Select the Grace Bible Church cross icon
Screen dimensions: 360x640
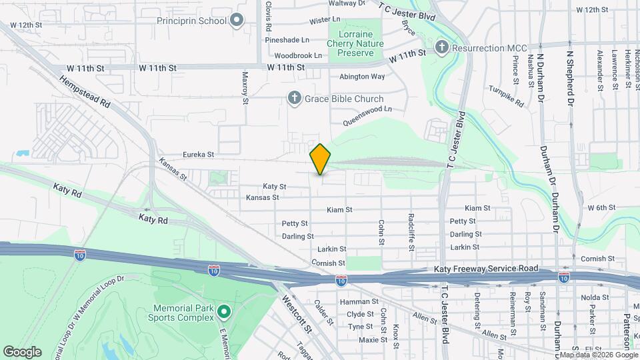pyautogui.click(x=294, y=99)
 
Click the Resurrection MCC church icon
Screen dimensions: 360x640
pyautogui.click(x=441, y=47)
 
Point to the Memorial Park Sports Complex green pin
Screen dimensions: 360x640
pyautogui.click(x=225, y=311)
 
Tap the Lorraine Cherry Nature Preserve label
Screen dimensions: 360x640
pyautogui.click(x=360, y=43)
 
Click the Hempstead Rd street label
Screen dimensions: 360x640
pyautogui.click(x=84, y=92)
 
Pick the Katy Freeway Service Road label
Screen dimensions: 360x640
pyautogui.click(x=485, y=268)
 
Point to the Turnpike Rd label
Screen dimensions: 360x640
pyautogui.click(x=506, y=96)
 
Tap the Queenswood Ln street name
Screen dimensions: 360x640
pyautogui.click(x=367, y=115)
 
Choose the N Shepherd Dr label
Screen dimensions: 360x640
pyautogui.click(x=570, y=73)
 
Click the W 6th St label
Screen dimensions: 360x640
pyautogui.click(x=601, y=208)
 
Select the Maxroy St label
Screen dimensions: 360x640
pyautogui.click(x=245, y=88)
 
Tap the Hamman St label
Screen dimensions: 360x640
pyautogui.click(x=355, y=302)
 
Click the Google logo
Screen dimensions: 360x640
pyautogui.click(x=22, y=352)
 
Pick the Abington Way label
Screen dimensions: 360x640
pyautogui.click(x=362, y=77)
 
